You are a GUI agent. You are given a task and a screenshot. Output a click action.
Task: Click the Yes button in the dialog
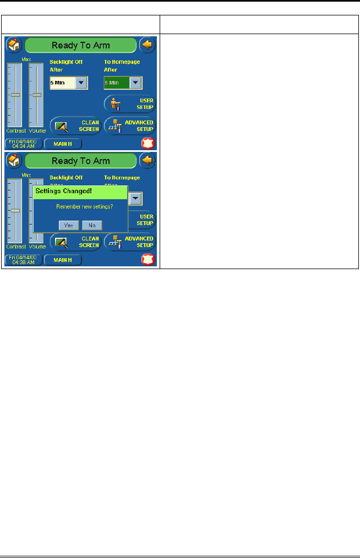[68, 225]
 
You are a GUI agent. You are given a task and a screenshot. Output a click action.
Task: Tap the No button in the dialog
[92, 225]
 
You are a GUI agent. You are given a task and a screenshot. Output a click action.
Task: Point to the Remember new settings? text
[81, 207]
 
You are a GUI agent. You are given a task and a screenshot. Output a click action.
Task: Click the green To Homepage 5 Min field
[116, 83]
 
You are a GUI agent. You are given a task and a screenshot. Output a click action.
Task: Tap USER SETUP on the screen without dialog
[130, 103]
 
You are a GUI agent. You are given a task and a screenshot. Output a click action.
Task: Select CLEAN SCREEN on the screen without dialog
[75, 127]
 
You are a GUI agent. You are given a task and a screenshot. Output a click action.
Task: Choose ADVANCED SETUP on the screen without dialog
[130, 127]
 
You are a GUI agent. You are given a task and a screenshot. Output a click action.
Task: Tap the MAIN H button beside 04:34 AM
[63, 144]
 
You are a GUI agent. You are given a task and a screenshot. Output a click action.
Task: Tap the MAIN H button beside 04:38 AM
[63, 260]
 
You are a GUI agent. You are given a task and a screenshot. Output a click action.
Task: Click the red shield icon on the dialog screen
[147, 260]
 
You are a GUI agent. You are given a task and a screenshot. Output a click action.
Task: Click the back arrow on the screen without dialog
[147, 45]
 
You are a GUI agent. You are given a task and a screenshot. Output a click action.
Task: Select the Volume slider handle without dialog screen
[36, 95]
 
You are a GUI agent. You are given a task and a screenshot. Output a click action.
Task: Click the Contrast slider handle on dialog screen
[15, 210]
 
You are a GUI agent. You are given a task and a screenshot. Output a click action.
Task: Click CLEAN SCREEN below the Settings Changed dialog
[75, 242]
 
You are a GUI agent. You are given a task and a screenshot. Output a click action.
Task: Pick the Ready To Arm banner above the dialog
[80, 161]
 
